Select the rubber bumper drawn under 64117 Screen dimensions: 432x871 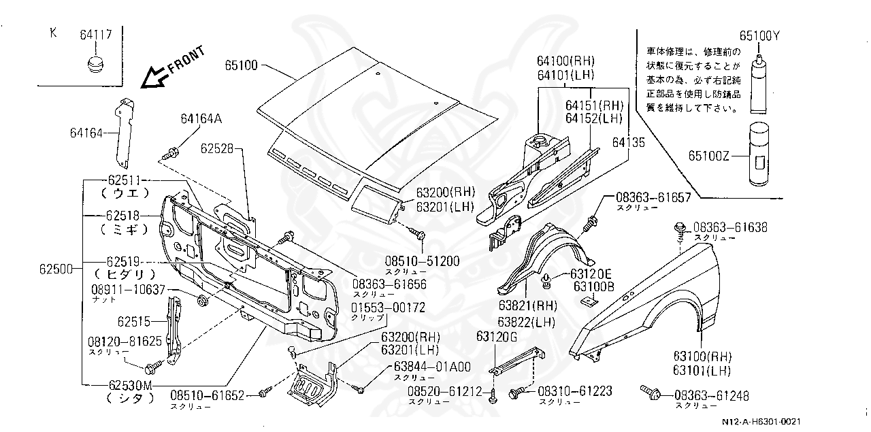[x=95, y=66]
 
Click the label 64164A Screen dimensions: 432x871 [x=201, y=119]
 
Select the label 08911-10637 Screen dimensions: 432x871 [x=128, y=289]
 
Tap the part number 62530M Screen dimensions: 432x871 [x=129, y=386]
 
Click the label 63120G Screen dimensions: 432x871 [x=497, y=336]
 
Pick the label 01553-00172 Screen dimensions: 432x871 [x=388, y=308]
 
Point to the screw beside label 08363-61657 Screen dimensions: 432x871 [x=591, y=221]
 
